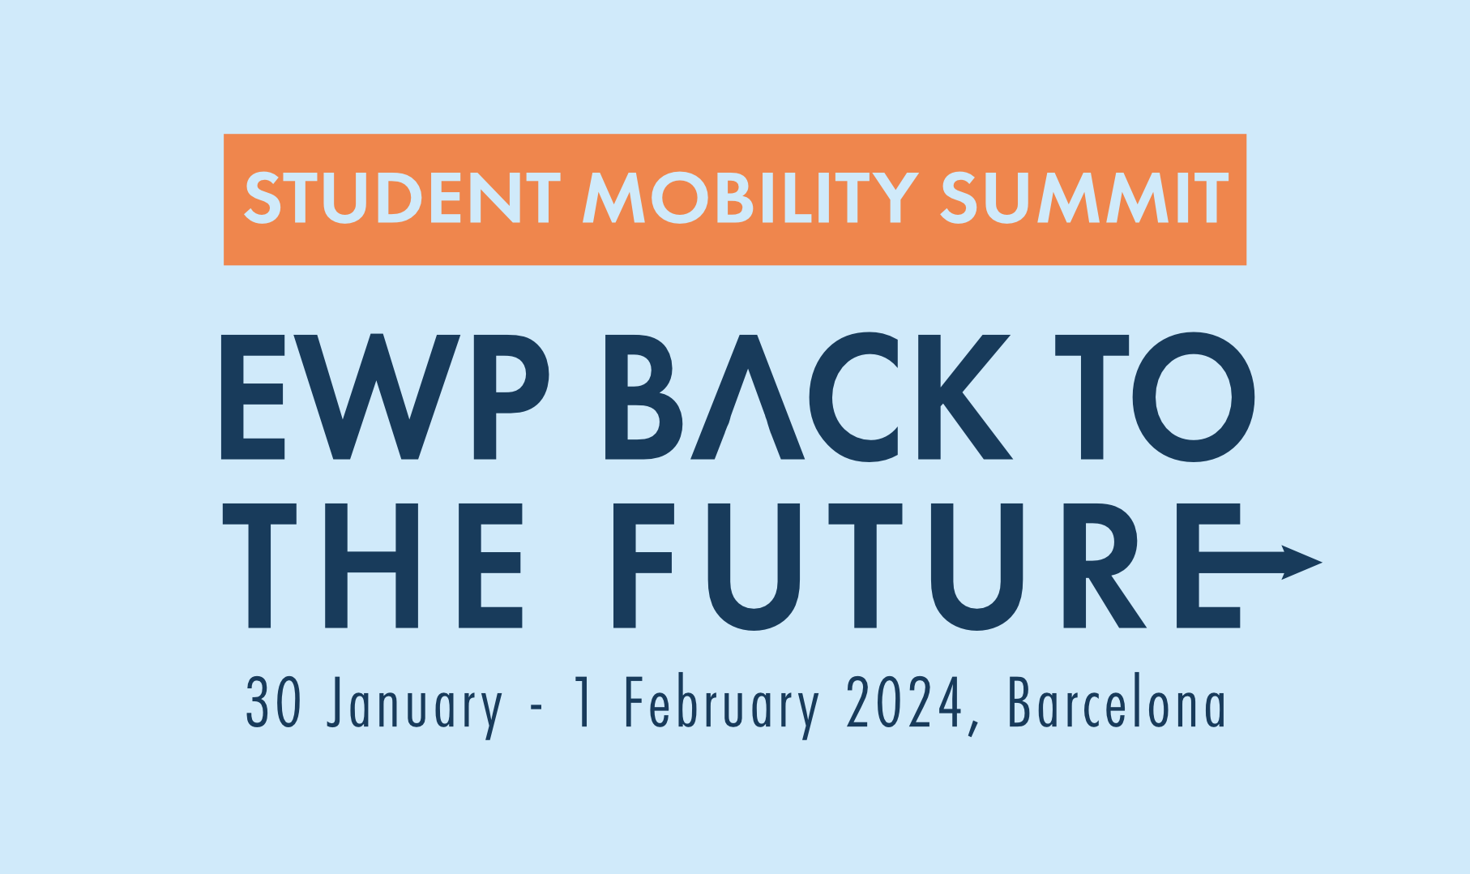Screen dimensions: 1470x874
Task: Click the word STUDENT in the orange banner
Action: (403, 198)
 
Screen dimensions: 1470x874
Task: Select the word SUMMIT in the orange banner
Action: (1084, 198)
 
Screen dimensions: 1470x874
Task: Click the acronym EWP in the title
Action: (386, 396)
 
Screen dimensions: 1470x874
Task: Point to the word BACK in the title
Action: (809, 396)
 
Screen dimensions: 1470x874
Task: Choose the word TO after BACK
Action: (1155, 396)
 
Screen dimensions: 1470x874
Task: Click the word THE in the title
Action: (373, 565)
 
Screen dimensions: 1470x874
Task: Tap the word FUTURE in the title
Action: (927, 566)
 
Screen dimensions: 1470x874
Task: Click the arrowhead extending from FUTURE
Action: (1301, 562)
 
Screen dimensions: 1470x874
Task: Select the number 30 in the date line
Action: (274, 702)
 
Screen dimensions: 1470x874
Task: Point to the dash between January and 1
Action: (536, 708)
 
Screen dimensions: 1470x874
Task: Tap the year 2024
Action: (904, 702)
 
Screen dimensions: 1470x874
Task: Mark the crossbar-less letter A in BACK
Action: (747, 396)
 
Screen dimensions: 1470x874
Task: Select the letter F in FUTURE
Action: (643, 565)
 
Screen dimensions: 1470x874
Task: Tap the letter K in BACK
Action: (965, 396)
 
